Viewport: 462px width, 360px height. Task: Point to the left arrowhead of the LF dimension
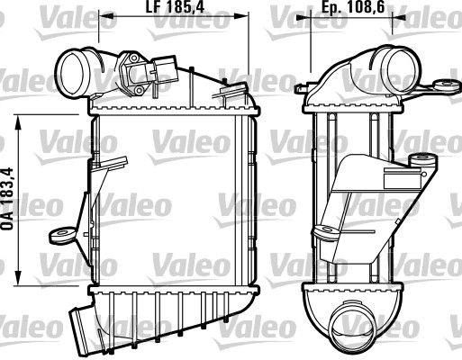[94, 16]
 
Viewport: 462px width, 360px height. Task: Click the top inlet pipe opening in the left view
[69, 67]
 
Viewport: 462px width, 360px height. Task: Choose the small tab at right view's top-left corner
[301, 87]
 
